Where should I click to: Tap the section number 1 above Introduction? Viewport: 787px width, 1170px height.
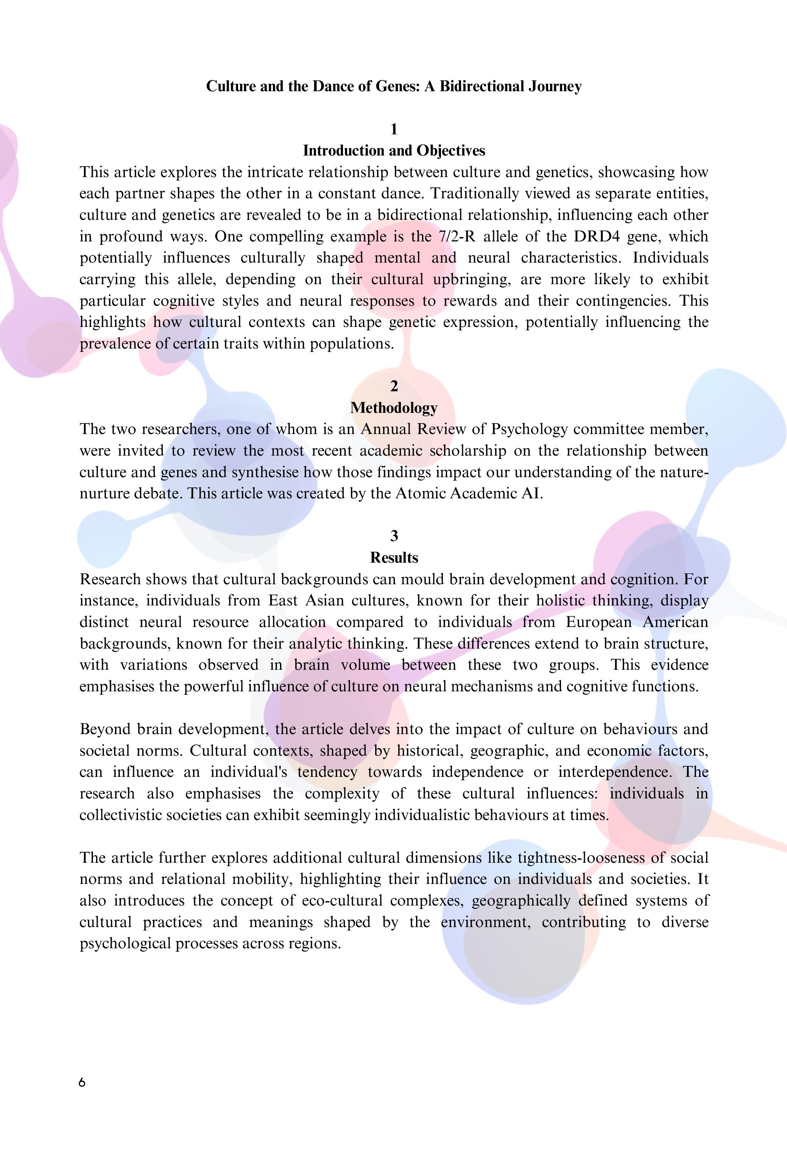click(394, 129)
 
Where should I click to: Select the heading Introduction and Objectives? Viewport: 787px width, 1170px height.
click(394, 151)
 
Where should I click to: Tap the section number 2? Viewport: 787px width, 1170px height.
click(394, 386)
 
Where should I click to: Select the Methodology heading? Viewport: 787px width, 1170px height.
click(394, 408)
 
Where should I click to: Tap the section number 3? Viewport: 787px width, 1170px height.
click(394, 536)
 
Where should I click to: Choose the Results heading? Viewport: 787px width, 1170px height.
click(394, 557)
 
